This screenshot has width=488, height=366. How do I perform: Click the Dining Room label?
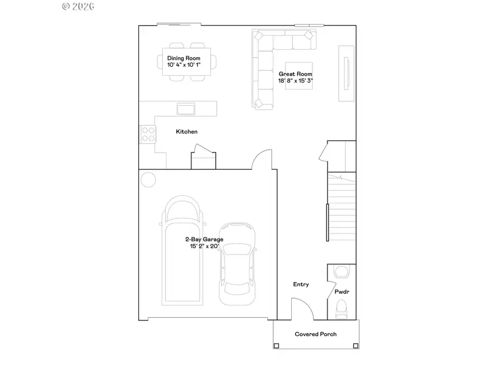(x=184, y=58)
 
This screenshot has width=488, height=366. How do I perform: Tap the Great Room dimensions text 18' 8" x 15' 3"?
(x=296, y=81)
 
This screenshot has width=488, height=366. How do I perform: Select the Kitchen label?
(x=187, y=132)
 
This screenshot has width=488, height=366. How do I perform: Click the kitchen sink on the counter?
(x=186, y=109)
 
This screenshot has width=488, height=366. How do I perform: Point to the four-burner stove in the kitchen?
(x=148, y=133)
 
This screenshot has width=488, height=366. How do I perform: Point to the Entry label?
(x=301, y=284)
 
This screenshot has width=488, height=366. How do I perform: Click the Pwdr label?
(x=342, y=292)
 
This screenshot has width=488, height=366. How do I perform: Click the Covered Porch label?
(x=316, y=334)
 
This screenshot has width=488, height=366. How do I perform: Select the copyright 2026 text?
(x=79, y=7)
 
